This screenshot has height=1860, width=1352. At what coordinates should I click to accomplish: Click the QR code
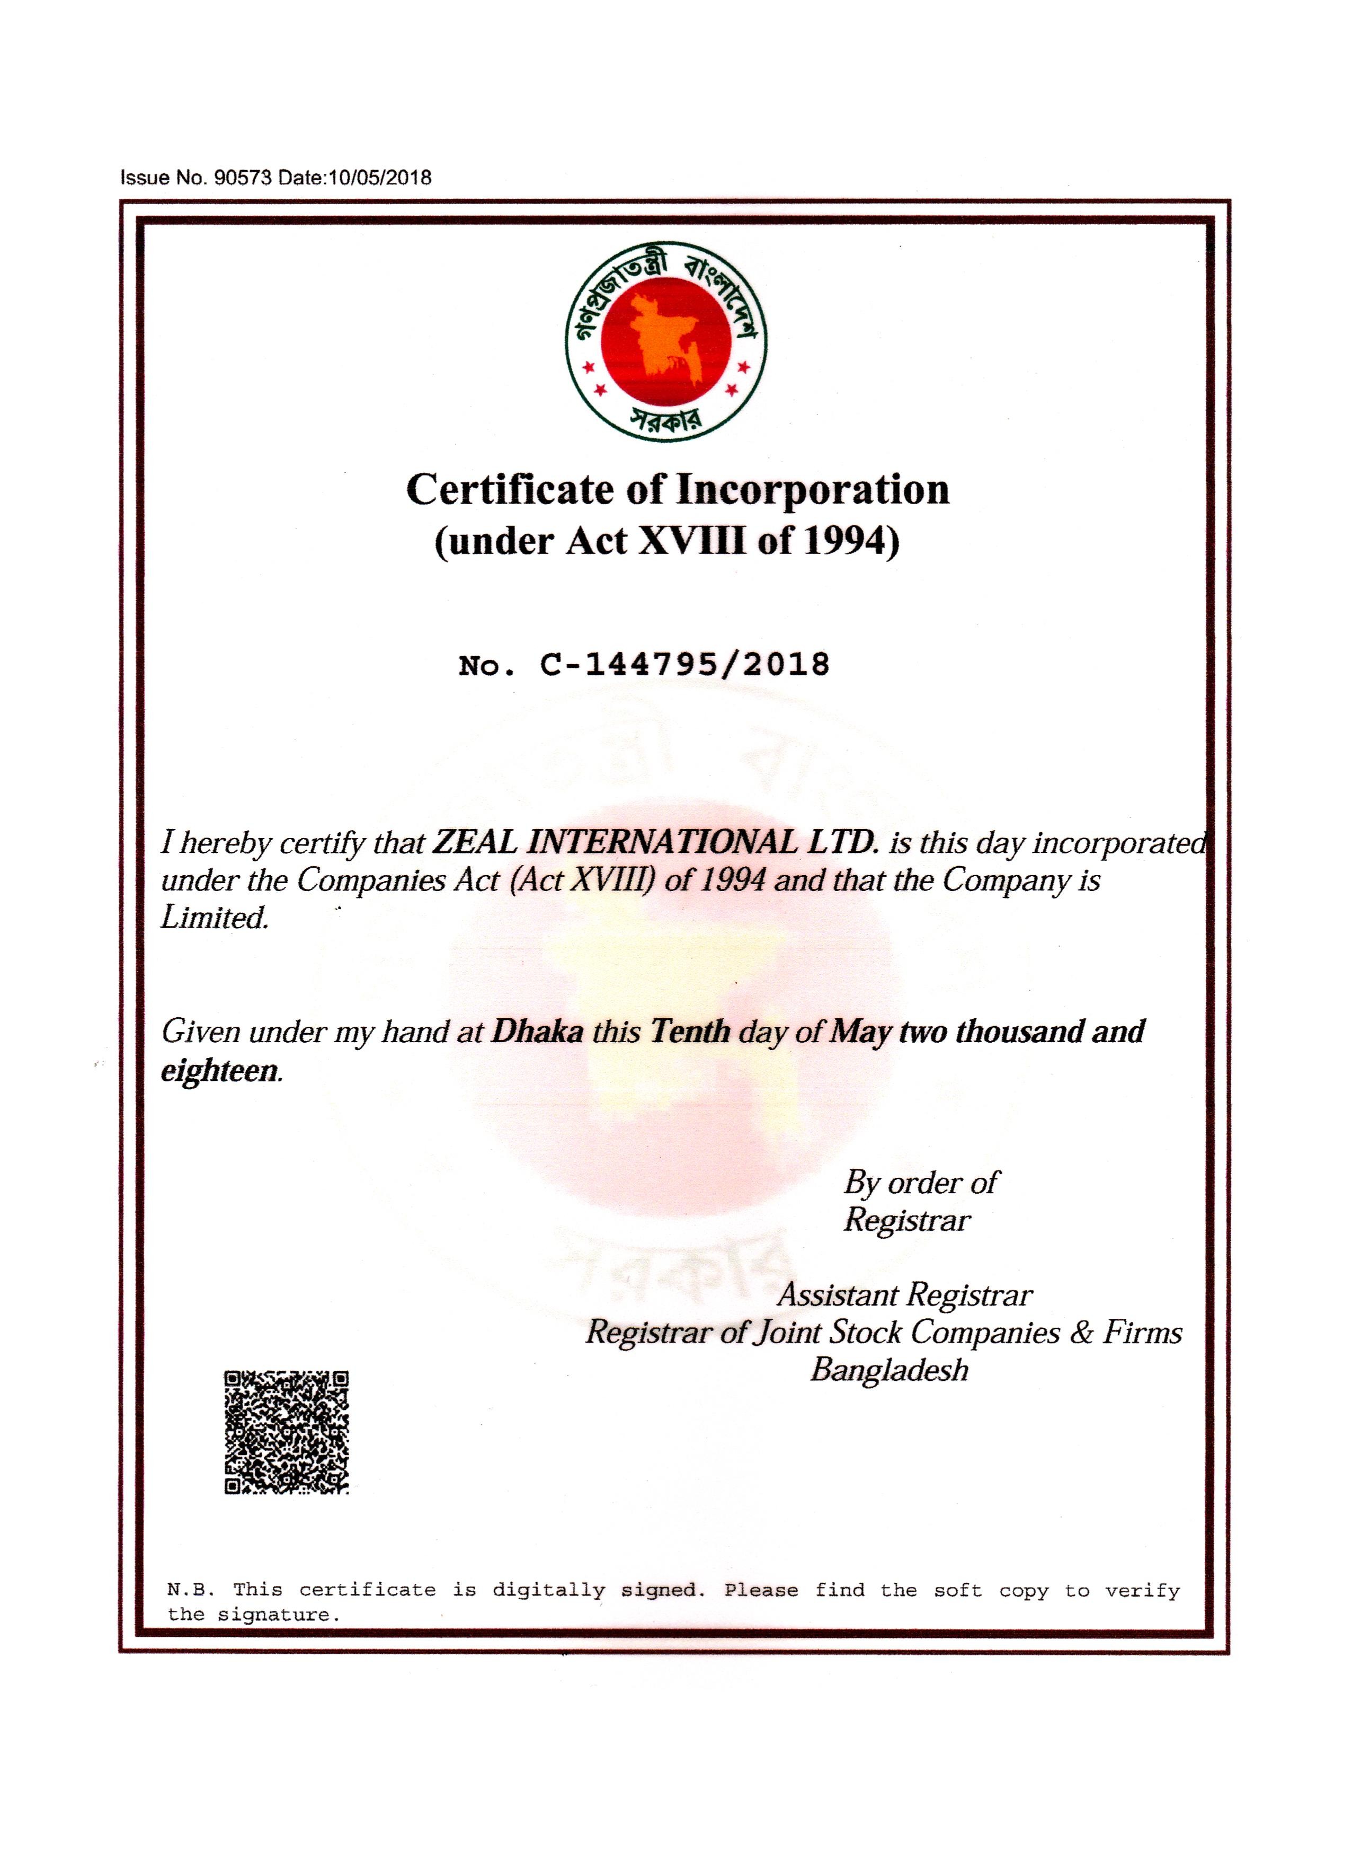(287, 1431)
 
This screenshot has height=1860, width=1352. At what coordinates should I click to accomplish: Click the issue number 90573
(242, 178)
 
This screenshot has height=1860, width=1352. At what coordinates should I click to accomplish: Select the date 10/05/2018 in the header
(380, 178)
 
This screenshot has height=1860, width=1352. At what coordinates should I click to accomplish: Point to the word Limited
(215, 917)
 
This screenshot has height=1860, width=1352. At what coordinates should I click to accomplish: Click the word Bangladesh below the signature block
(890, 1370)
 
